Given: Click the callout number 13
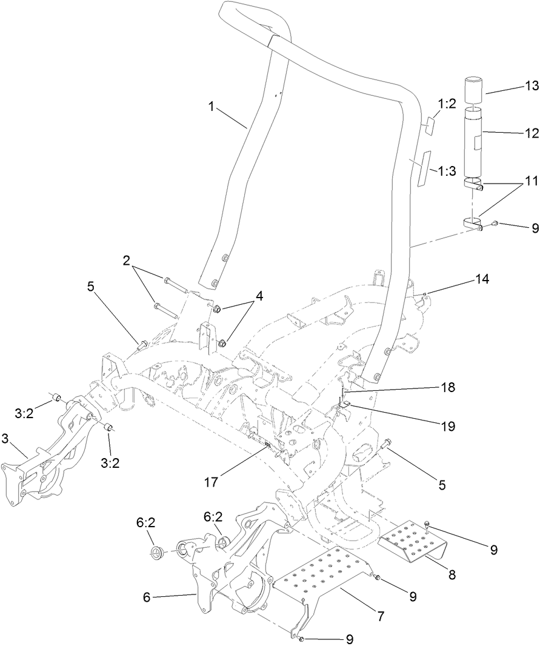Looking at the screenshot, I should (x=532, y=87).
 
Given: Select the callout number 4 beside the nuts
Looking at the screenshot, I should (x=259, y=296).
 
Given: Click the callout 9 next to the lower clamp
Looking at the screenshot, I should (x=535, y=228).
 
